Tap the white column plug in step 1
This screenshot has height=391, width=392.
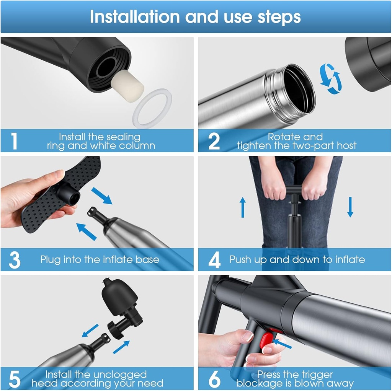point(127,86)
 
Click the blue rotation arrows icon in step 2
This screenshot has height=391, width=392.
point(330,79)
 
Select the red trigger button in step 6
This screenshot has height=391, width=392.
point(266,340)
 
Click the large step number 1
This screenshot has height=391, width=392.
point(15,141)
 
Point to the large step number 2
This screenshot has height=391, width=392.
point(214,141)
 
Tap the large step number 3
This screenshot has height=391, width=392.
point(15,260)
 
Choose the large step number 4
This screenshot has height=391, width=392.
point(214,260)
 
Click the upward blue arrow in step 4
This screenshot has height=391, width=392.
point(242,207)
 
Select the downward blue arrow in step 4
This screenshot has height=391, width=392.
point(350,207)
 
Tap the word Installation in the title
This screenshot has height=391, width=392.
point(135,17)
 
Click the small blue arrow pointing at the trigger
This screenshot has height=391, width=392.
point(282,344)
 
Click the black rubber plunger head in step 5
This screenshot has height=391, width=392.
point(119,296)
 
